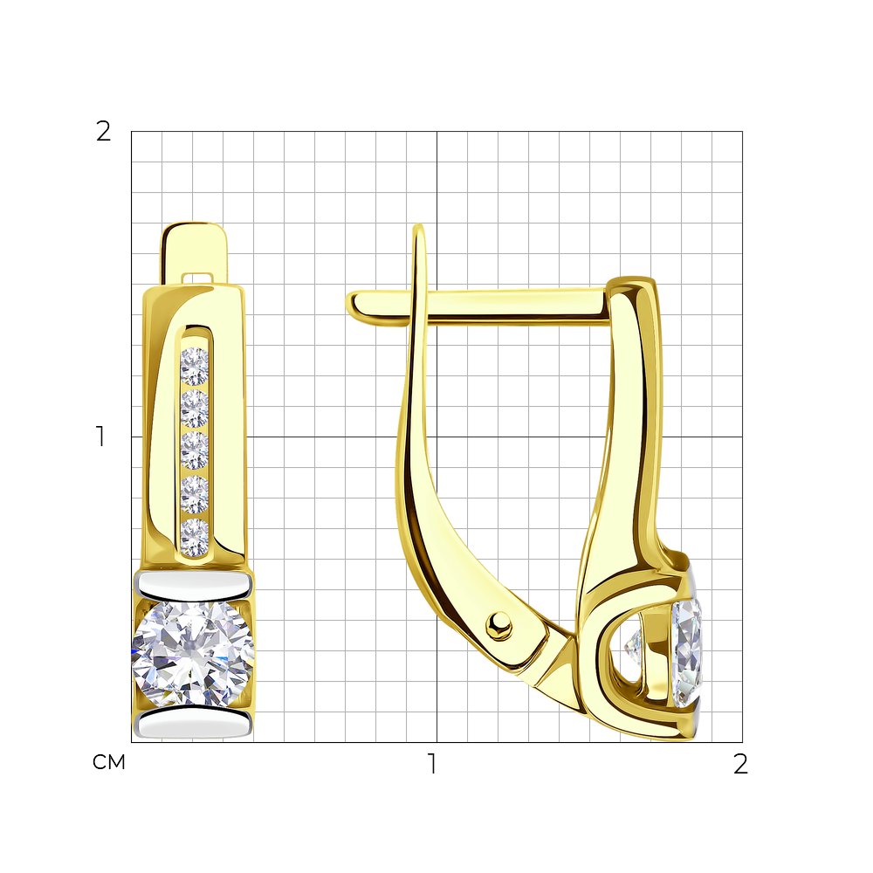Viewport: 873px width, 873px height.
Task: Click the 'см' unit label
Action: [x=109, y=762]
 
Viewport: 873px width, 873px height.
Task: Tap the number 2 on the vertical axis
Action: [x=104, y=132]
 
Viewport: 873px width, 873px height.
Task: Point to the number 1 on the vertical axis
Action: [x=100, y=436]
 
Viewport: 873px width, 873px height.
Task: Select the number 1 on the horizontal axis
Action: [x=432, y=764]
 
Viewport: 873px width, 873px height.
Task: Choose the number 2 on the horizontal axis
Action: [x=740, y=764]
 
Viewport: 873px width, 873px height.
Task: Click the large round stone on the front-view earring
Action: [x=193, y=654]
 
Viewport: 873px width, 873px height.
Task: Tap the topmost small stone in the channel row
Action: [x=195, y=367]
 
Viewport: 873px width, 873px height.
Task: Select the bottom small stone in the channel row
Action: [x=195, y=537]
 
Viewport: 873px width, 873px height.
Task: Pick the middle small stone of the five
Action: [x=195, y=450]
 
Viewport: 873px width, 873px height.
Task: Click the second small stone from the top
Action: [x=195, y=409]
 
